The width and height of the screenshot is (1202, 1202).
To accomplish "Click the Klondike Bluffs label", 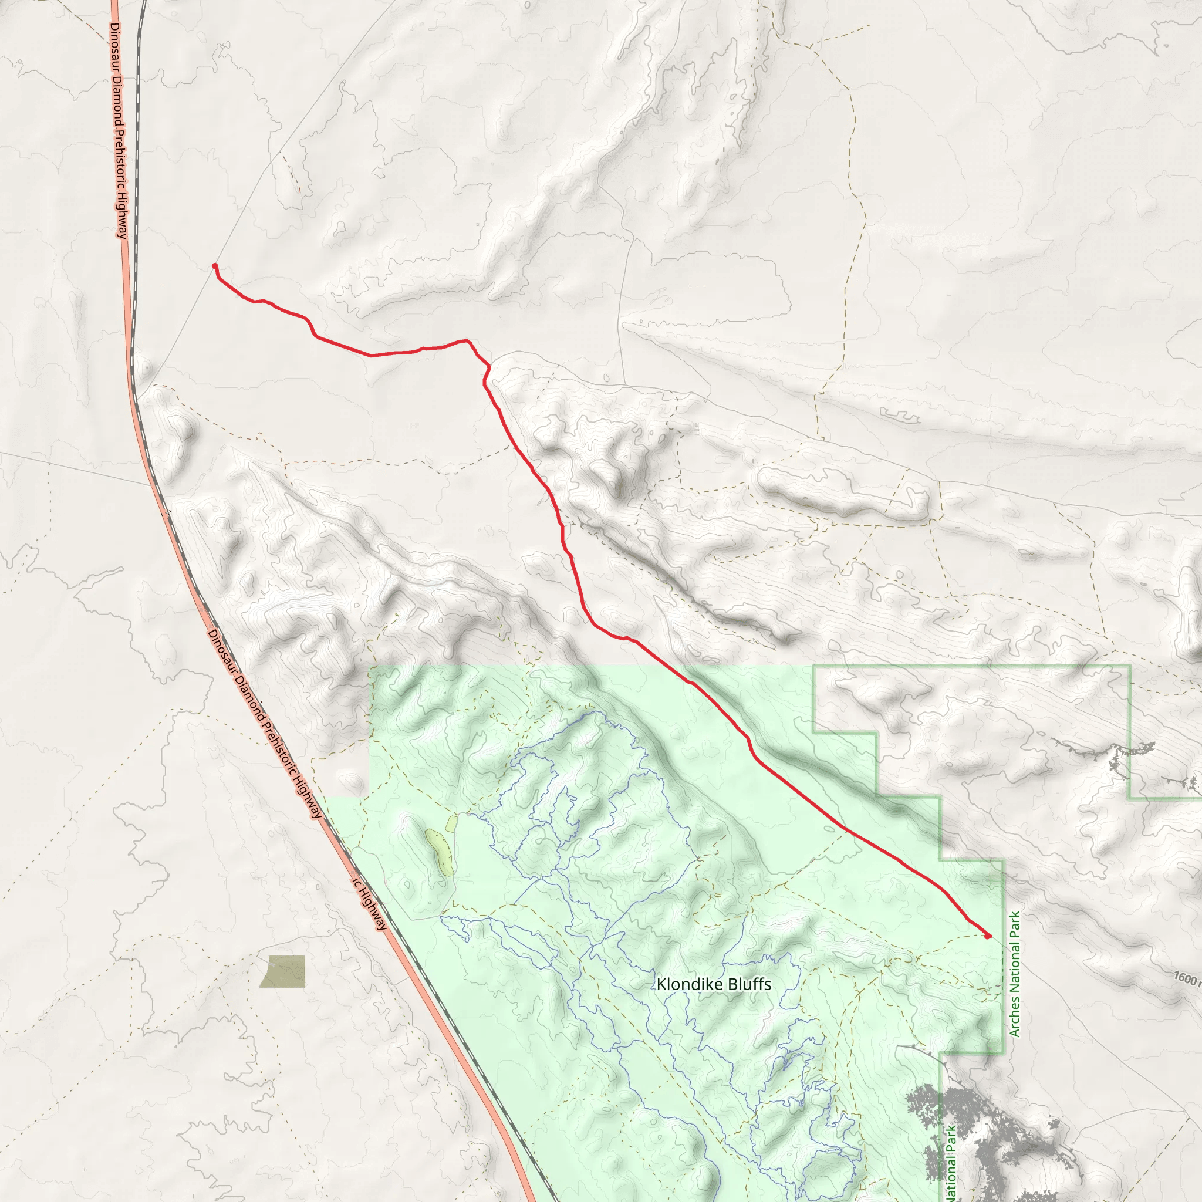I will click(x=714, y=984).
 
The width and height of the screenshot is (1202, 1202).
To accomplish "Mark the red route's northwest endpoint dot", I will click(x=215, y=266).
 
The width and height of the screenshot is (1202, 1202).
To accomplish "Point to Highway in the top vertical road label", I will click(x=122, y=220).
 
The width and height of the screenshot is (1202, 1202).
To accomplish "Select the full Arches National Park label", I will click(x=1015, y=974).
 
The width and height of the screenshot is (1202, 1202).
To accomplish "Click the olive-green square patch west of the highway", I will click(x=283, y=971).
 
